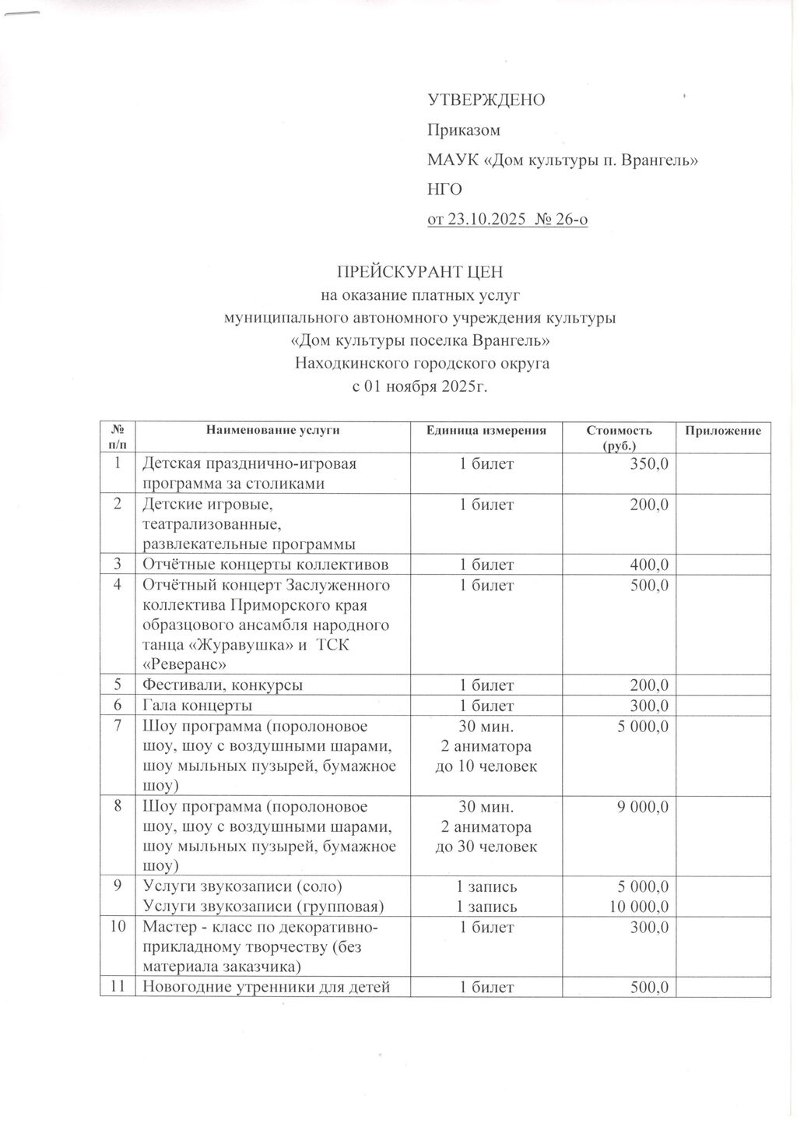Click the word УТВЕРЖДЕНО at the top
(486, 100)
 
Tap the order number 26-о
(573, 220)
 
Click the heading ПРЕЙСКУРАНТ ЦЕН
(420, 272)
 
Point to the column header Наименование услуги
(272, 431)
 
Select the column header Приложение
(723, 431)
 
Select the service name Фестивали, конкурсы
(222, 685)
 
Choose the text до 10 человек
(486, 766)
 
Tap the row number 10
(118, 927)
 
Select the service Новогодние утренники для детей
(265, 988)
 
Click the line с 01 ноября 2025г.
(420, 386)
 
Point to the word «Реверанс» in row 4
(184, 665)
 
